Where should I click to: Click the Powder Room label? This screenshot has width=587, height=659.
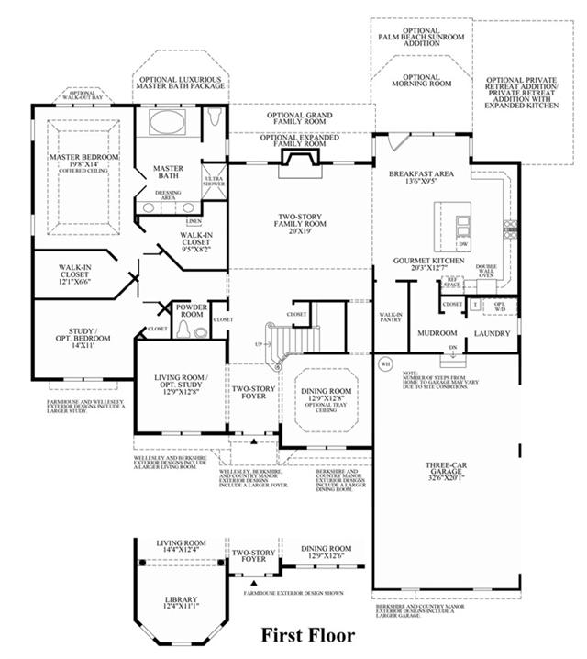191,309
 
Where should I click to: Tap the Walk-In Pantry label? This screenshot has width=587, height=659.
392,318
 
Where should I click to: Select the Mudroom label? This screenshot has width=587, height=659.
437,333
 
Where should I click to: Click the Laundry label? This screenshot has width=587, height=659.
491,333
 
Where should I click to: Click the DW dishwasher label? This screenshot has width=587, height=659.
463,245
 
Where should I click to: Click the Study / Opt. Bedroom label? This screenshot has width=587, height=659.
83,337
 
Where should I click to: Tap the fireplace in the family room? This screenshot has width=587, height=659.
299,160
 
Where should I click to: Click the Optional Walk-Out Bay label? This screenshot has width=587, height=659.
83,95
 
